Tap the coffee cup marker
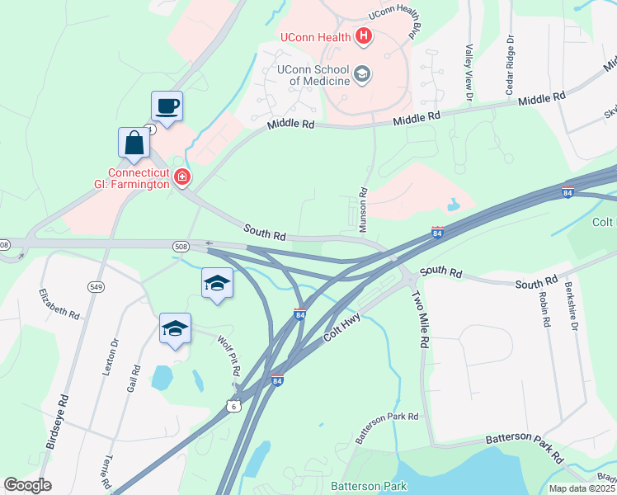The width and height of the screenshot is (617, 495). tap(167, 106)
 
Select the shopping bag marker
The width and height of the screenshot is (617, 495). tap(134, 143)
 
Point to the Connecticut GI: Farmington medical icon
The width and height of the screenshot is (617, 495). tap(181, 177)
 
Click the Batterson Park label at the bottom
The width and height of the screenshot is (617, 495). tap(369, 486)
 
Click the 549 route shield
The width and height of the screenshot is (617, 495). tap(97, 286)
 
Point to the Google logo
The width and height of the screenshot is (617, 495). tap(28, 485)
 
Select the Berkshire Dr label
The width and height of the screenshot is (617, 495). tap(568, 305)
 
